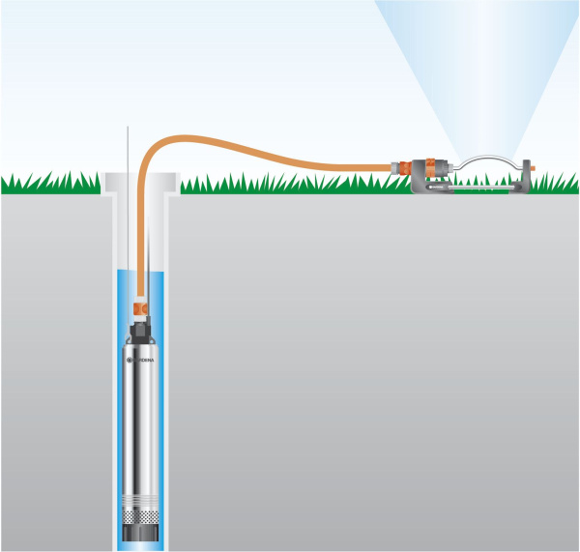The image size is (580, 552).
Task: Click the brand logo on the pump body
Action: click(143, 359)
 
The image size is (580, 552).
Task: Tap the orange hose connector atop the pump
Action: click(140, 307)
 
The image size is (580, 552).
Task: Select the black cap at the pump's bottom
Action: click(141, 533)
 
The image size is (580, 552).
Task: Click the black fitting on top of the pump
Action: click(141, 332)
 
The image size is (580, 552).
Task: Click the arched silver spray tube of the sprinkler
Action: click(483, 156)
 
